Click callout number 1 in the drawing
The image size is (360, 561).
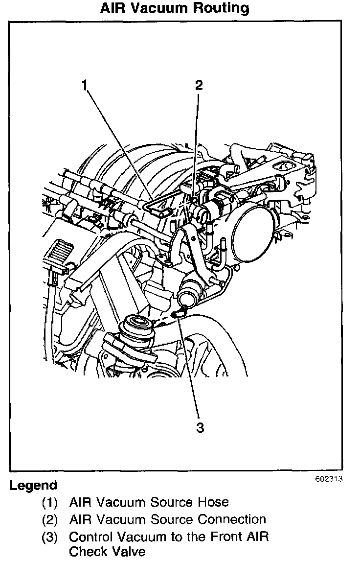click(x=85, y=86)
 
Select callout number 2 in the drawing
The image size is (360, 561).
click(x=198, y=85)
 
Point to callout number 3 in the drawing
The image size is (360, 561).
click(x=200, y=427)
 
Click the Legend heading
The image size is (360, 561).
click(x=33, y=486)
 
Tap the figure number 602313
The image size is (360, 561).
click(x=328, y=479)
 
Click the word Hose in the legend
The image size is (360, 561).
click(x=214, y=502)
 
